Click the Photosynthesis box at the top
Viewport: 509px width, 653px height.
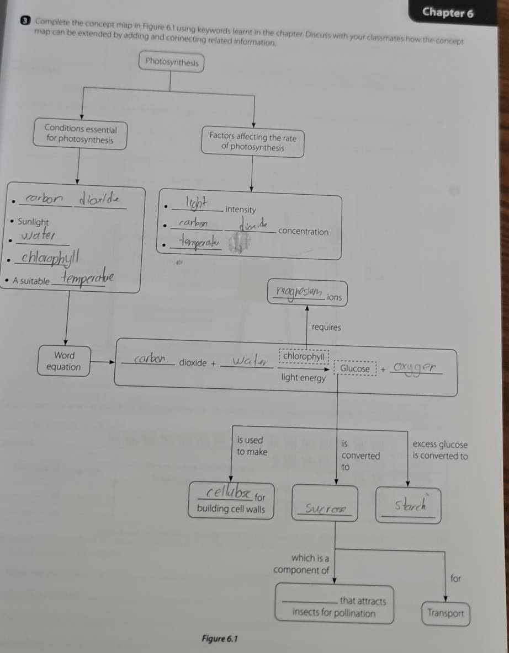point(172,62)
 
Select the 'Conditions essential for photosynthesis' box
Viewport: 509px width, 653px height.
point(81,135)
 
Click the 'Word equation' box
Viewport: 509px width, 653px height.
point(64,361)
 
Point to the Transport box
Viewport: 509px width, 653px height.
point(446,613)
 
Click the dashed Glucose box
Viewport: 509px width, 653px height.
point(355,368)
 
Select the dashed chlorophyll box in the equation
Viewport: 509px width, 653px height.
point(304,357)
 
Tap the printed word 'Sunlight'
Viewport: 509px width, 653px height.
point(33,222)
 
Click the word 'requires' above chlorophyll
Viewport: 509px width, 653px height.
point(326,327)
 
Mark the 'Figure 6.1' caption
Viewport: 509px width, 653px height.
point(219,639)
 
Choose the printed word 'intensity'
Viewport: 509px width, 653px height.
point(241,210)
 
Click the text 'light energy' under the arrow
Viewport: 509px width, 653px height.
point(303,378)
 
